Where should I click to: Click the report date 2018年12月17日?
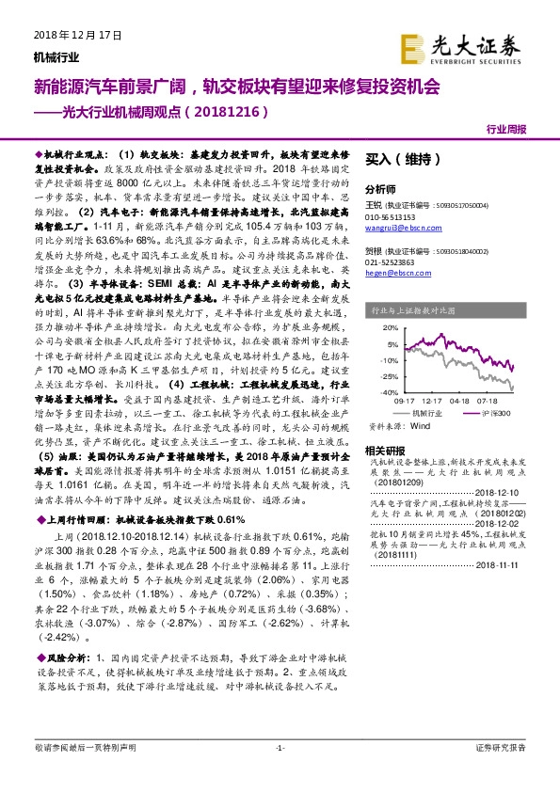(67, 34)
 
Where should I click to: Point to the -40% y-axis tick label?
(375, 391)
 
